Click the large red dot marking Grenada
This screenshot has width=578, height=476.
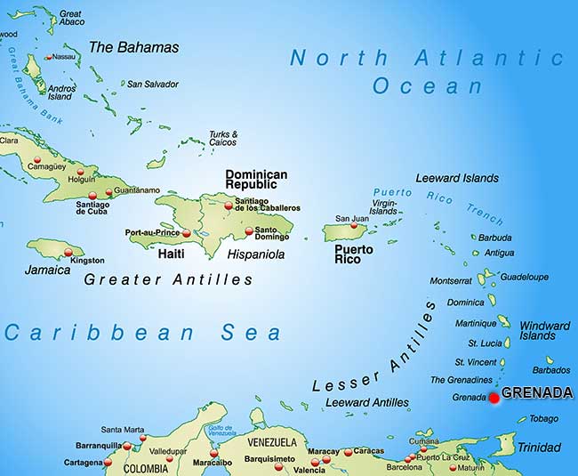[x=494, y=399]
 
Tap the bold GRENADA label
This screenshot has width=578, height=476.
[x=537, y=392]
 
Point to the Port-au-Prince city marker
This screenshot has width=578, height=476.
[x=186, y=233]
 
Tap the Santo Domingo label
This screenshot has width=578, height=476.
[x=271, y=233]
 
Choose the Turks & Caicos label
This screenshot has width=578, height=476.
[x=222, y=138]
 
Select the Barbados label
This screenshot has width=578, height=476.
[x=551, y=370]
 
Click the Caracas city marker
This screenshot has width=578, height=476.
[x=341, y=452]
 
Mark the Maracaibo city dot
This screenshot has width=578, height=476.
[x=213, y=453]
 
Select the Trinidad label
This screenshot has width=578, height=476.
[x=539, y=447]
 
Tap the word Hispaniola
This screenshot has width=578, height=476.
[x=256, y=254]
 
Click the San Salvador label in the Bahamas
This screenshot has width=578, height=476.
[x=153, y=85]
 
